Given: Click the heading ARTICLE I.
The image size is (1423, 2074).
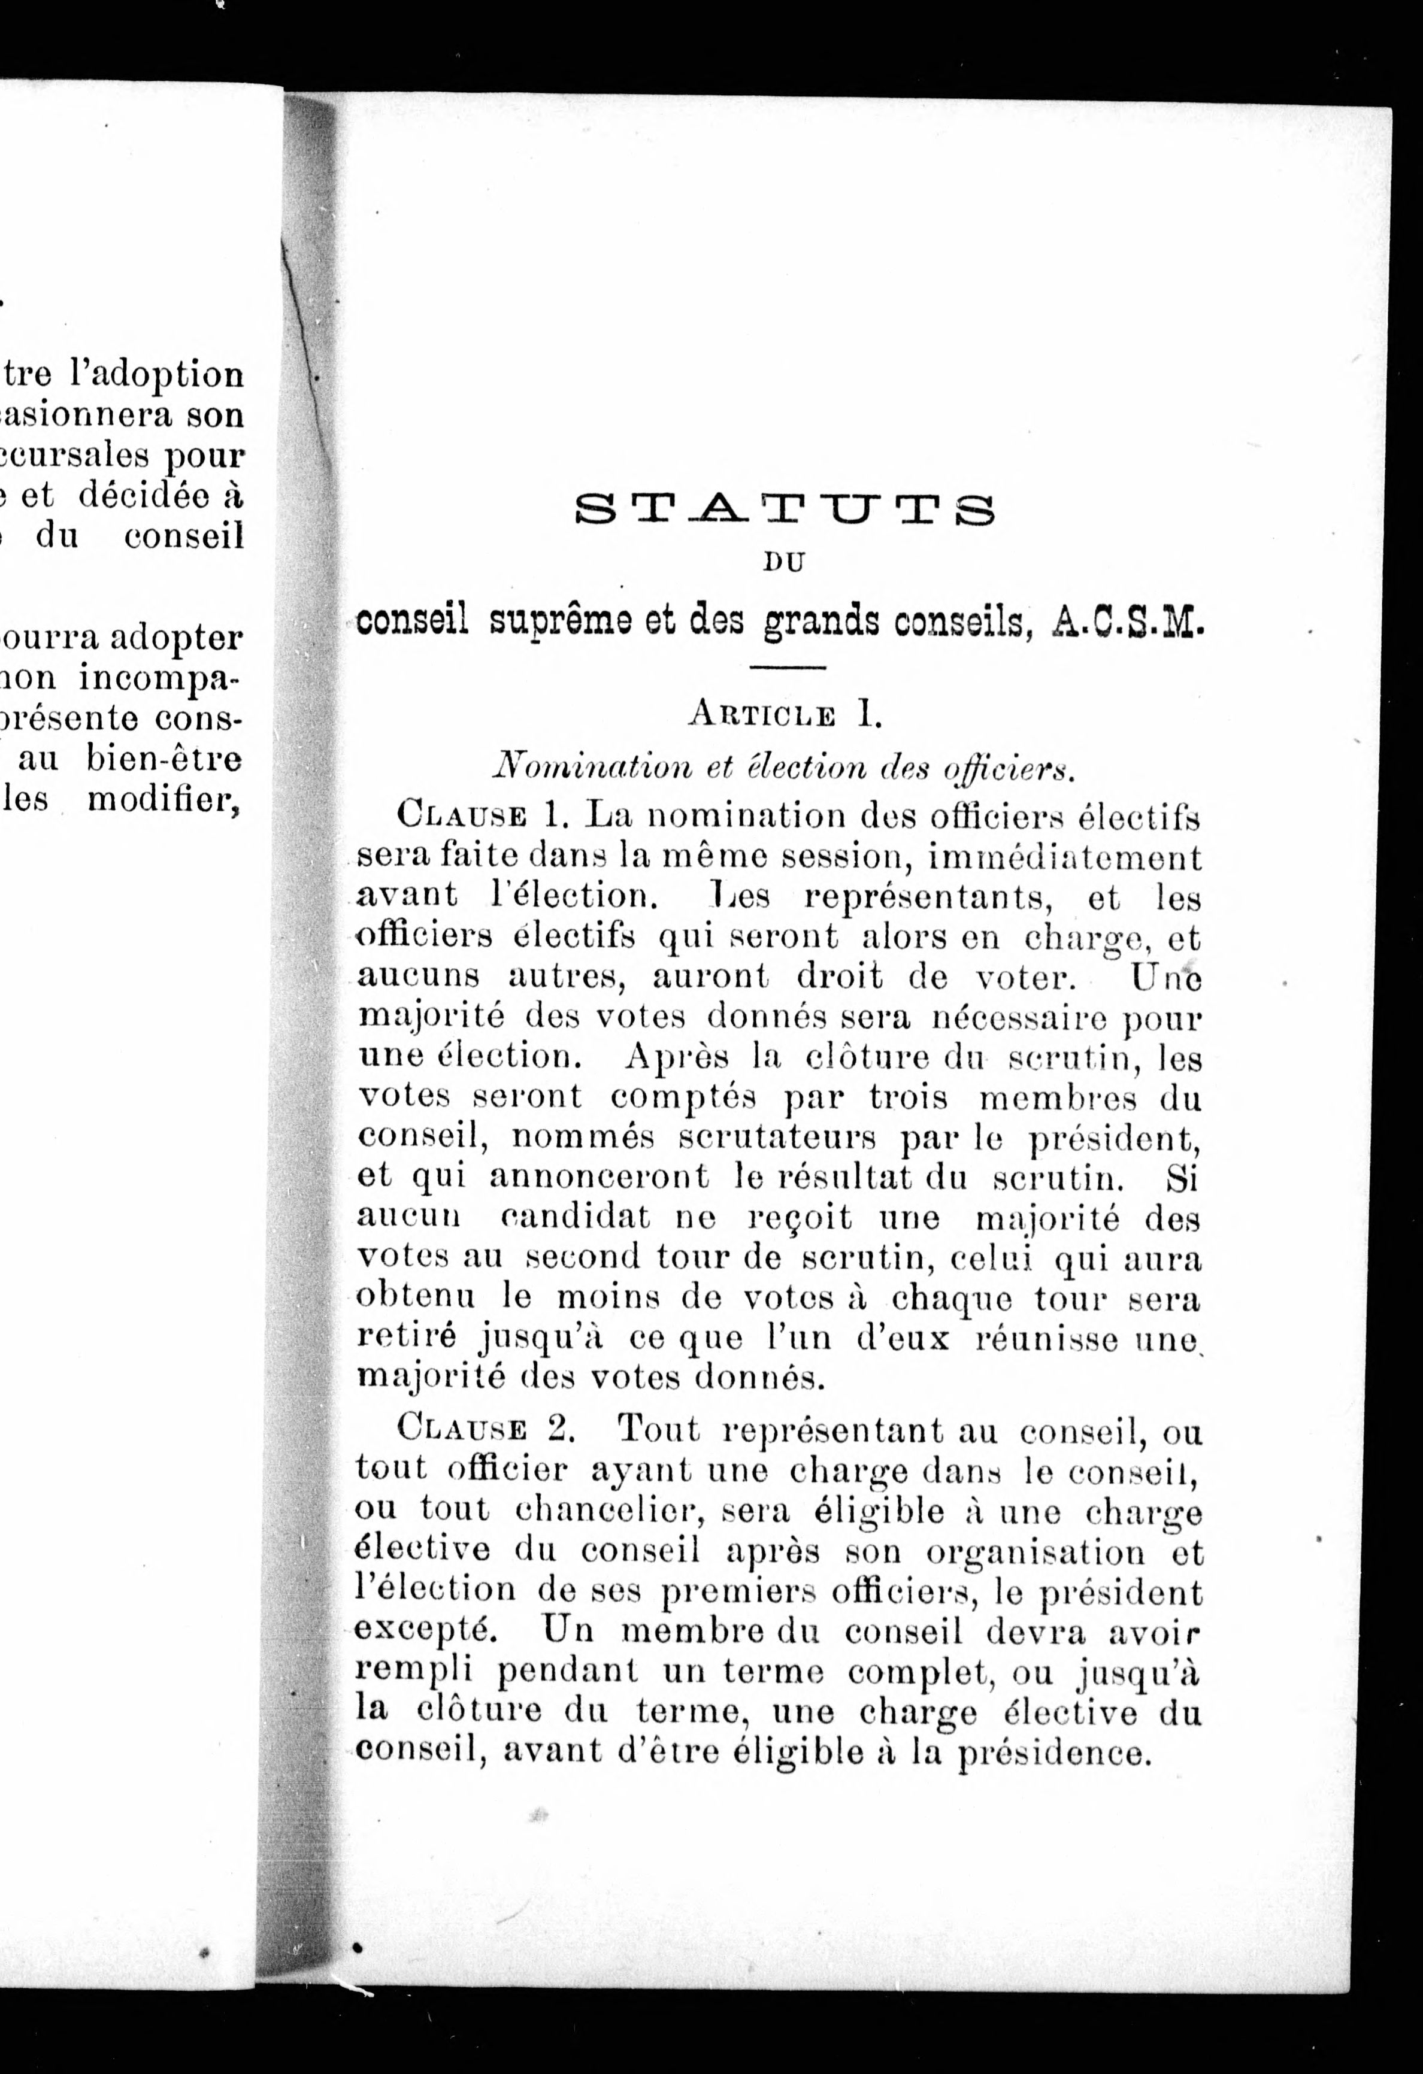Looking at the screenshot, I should (785, 715).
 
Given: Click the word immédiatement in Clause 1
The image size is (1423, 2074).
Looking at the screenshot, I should (1065, 857).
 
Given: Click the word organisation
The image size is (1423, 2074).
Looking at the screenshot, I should (1035, 1552).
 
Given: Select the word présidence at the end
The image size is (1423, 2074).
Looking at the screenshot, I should (1052, 1752).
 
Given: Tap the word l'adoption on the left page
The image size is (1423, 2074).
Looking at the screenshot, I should (157, 374).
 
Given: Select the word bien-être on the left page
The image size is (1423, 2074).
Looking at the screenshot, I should (164, 759).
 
